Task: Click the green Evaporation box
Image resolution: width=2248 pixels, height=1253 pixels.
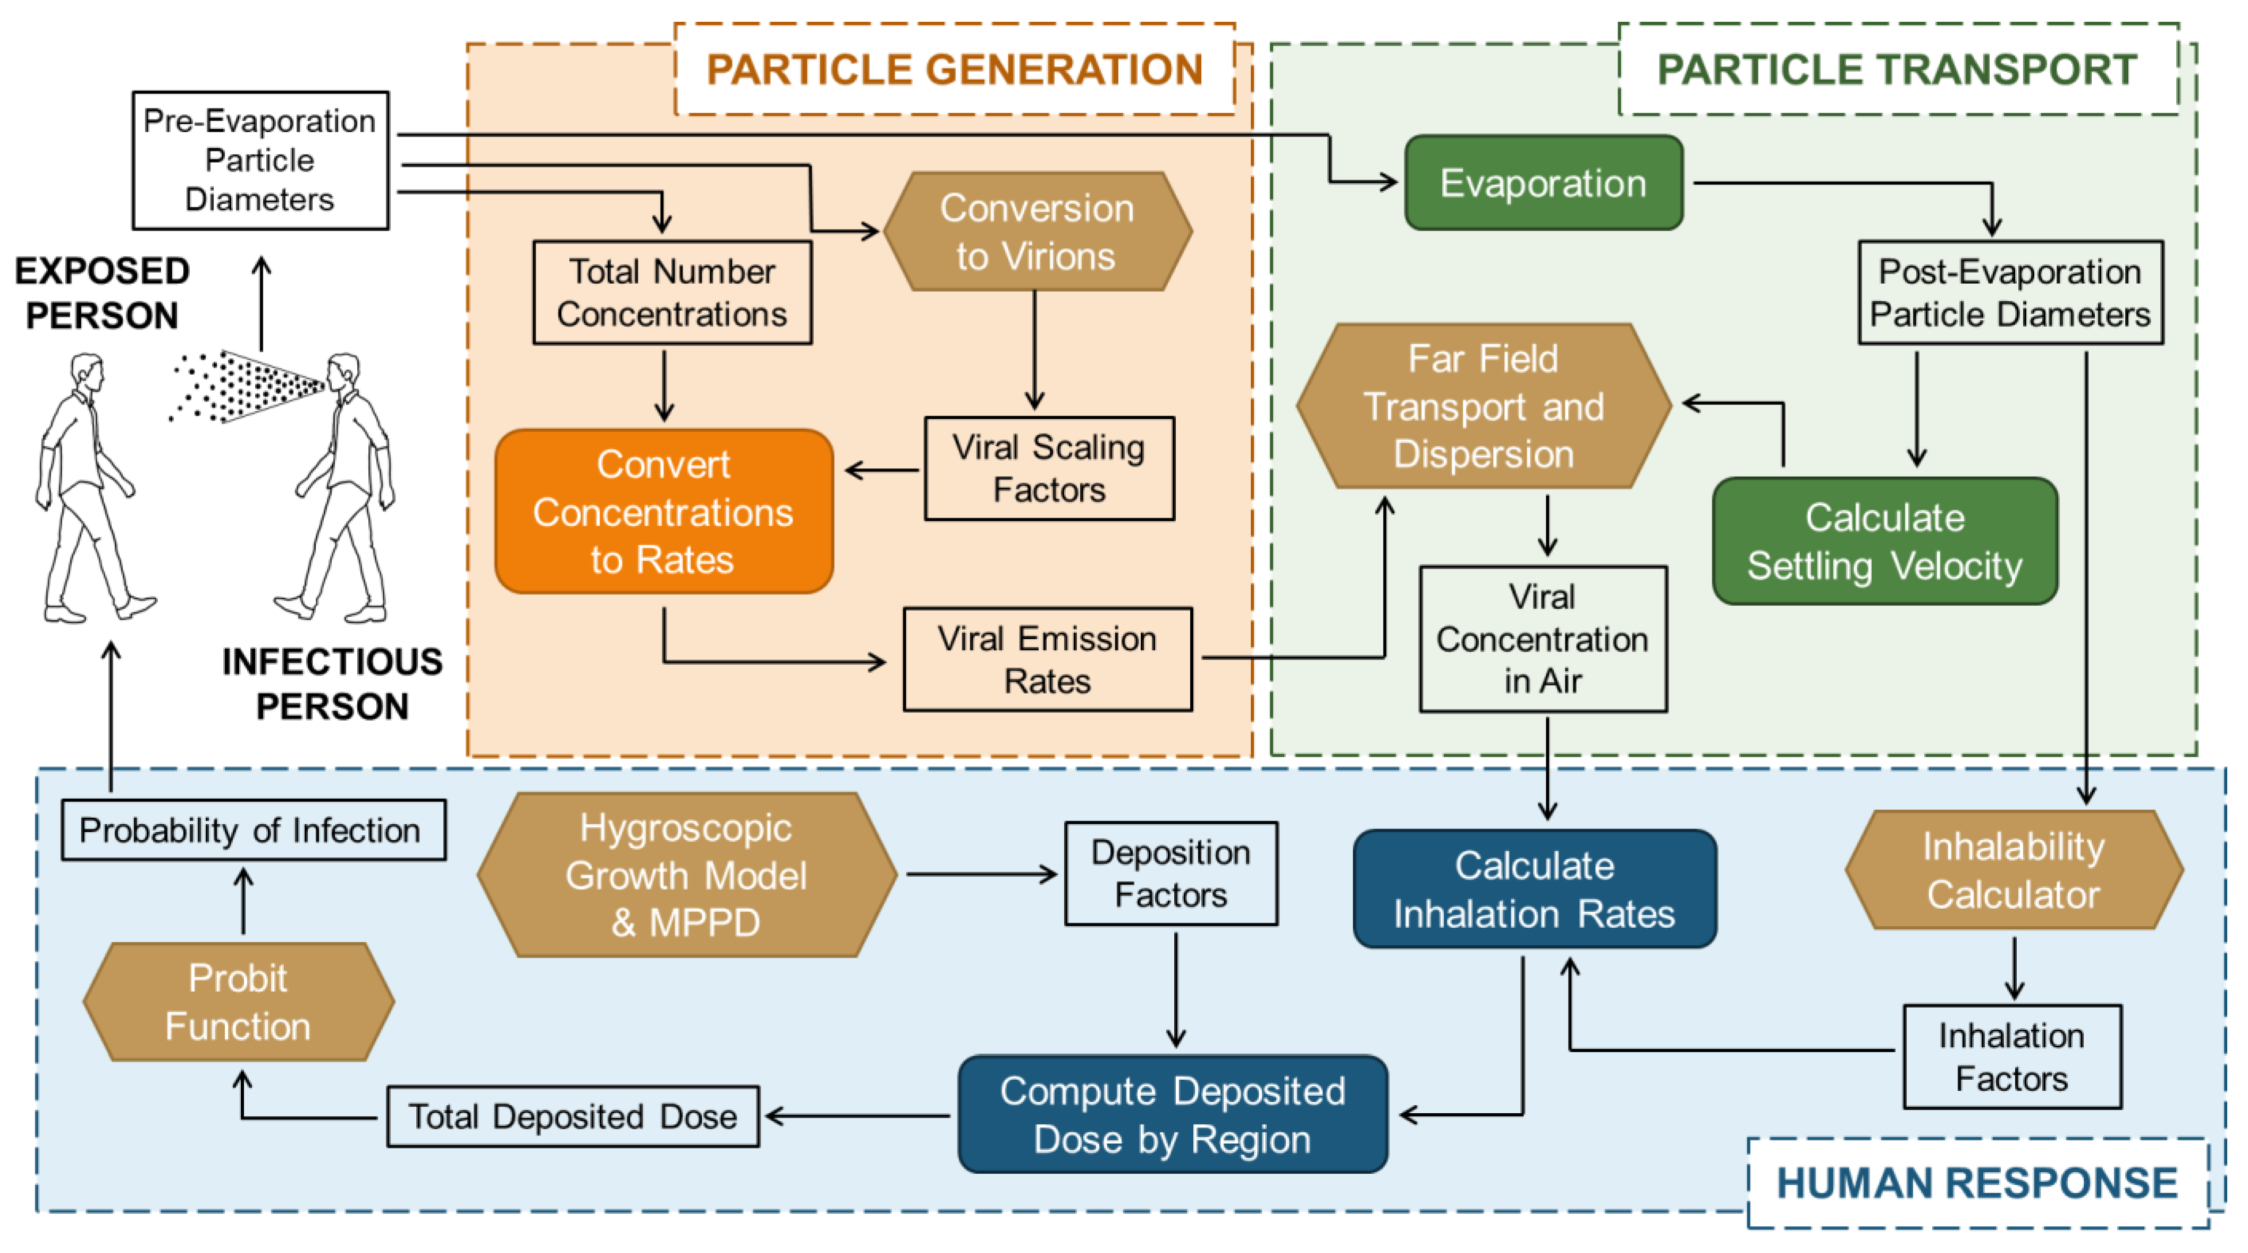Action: coord(1544,182)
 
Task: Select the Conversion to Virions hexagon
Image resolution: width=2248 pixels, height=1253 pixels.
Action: coord(1038,231)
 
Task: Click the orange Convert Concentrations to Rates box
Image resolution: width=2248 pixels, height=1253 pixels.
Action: coord(664,511)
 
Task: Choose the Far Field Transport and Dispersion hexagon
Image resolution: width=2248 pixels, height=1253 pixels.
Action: coord(1484,406)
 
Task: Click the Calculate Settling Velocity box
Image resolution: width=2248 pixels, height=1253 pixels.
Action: coord(1885,541)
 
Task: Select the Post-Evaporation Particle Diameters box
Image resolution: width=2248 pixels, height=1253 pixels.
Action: coord(2010,292)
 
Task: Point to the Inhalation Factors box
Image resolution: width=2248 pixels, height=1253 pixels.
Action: coord(2013,1057)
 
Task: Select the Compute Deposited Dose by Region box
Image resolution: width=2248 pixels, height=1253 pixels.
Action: coord(1173,1114)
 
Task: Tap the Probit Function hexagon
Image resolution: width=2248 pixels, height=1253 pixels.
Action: coord(238,1002)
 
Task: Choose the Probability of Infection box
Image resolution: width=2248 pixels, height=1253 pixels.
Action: coord(253,831)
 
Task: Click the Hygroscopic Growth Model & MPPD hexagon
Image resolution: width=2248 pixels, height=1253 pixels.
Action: coord(687,875)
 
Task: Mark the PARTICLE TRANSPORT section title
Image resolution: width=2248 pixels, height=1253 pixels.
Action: coord(1897,70)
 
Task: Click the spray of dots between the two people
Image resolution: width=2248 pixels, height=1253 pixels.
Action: coord(249,386)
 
